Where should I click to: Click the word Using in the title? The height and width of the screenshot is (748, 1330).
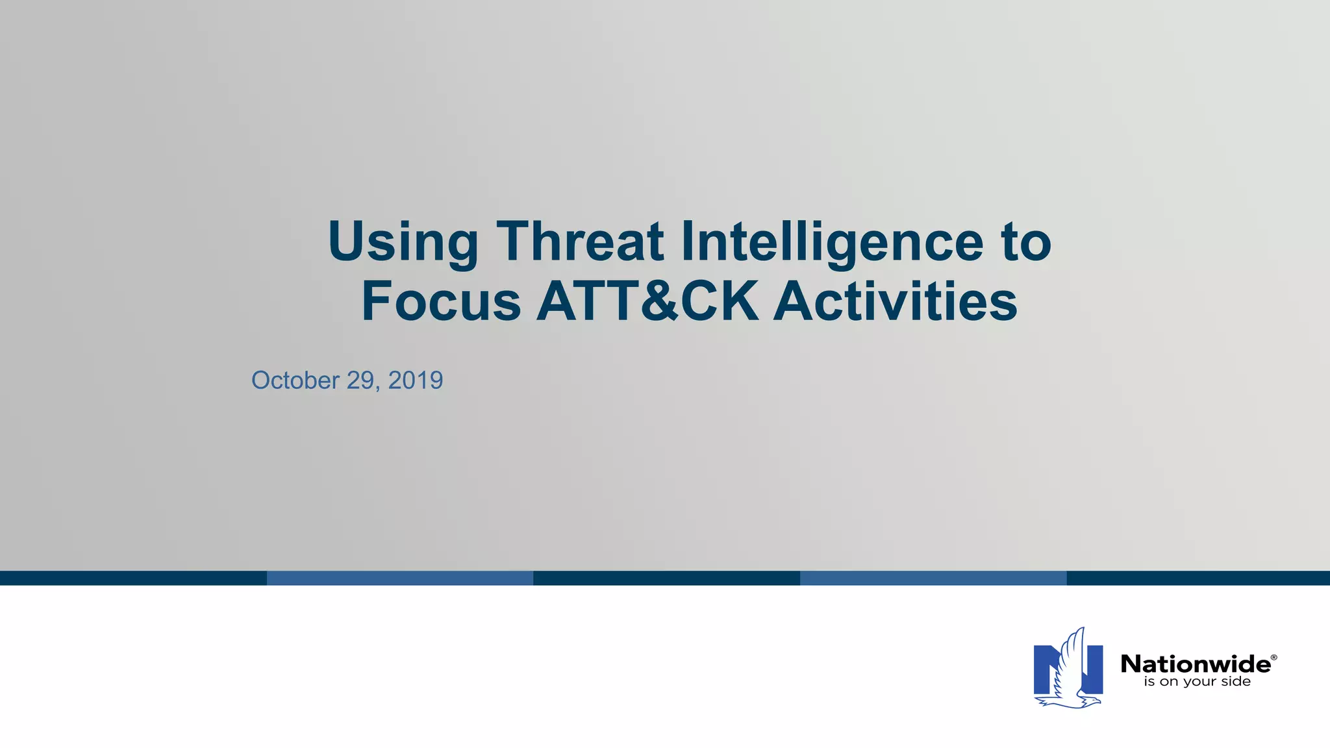(x=403, y=242)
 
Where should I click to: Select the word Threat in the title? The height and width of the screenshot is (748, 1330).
(x=580, y=242)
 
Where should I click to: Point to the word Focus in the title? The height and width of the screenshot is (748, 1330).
(x=441, y=301)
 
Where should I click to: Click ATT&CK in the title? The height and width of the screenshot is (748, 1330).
(x=647, y=301)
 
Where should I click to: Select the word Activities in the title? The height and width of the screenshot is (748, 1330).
(x=896, y=301)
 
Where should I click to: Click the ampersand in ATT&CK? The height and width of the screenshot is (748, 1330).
(x=655, y=301)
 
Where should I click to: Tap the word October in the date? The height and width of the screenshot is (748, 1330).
(x=295, y=380)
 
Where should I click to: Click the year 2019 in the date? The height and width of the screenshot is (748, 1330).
(x=416, y=380)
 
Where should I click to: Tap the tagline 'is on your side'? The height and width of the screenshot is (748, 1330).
(x=1197, y=682)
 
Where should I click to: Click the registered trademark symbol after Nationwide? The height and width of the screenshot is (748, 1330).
(x=1274, y=658)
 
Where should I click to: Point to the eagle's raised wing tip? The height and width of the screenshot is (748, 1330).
(x=1081, y=630)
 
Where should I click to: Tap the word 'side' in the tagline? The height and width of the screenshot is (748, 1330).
(x=1235, y=682)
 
